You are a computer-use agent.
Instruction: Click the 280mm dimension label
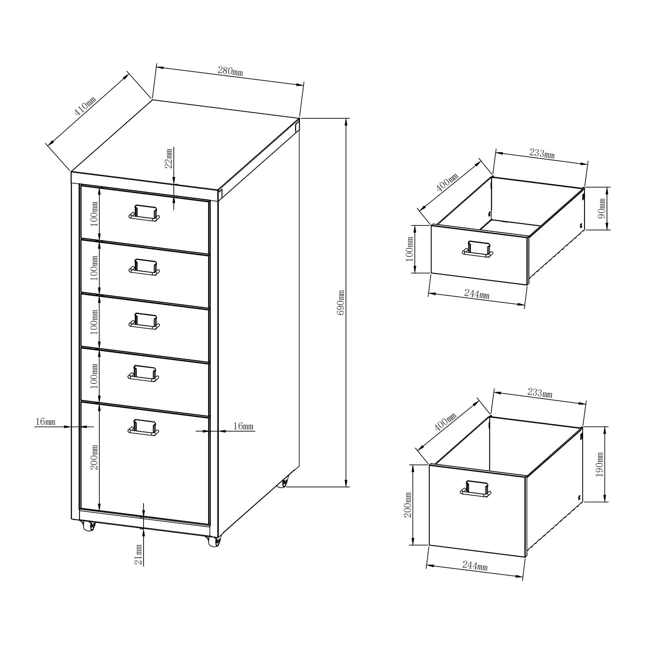(x=230, y=71)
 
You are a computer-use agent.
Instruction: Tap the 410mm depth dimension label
(x=85, y=106)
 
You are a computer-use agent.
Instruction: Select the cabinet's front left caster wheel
(x=89, y=527)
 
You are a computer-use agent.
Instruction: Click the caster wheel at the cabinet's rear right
(x=284, y=483)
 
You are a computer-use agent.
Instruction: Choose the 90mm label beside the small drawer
(x=602, y=208)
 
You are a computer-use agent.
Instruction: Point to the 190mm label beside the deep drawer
(x=600, y=464)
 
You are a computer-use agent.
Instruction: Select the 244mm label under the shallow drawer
(x=477, y=294)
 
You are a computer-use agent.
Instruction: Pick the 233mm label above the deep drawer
(x=540, y=393)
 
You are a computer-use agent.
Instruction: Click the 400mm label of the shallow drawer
(x=448, y=182)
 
